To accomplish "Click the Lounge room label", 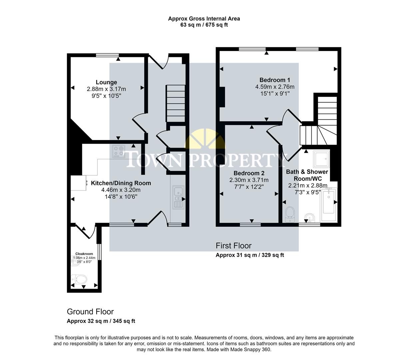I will [106, 82].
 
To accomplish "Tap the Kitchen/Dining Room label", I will [121, 183].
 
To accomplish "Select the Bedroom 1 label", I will [275, 80].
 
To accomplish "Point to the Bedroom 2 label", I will [249, 173].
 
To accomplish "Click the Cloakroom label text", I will [84, 254].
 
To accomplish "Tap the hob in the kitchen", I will [118, 152].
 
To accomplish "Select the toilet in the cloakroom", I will [80, 279].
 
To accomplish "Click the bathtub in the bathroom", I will [328, 205].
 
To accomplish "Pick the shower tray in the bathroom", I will [321, 159].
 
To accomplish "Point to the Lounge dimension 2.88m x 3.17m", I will [106, 89].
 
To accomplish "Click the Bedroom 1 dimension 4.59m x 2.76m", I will [275, 87].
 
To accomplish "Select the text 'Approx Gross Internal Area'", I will [204, 19].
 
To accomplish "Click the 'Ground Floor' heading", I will [90, 312].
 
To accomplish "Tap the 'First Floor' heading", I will [233, 246].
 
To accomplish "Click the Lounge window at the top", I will [107, 55].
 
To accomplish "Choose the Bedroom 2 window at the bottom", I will [250, 225].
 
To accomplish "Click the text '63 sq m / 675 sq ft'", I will [204, 25].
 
